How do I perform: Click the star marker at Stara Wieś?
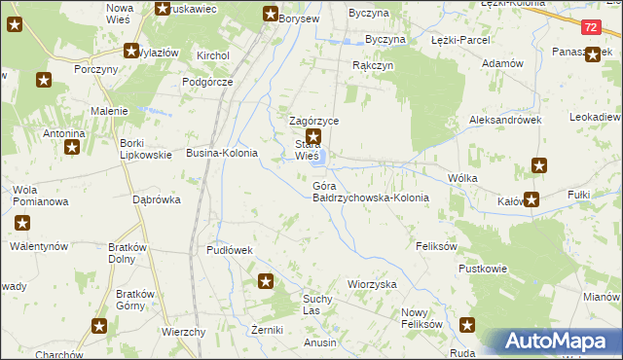[313, 137]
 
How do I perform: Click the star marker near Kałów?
[531, 200]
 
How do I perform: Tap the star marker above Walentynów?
[22, 224]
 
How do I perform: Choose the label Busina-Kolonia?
[222, 154]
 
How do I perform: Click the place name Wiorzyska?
[373, 284]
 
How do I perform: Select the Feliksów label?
[436, 247]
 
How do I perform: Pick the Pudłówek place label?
[230, 250]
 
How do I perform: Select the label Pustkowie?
[484, 268]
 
